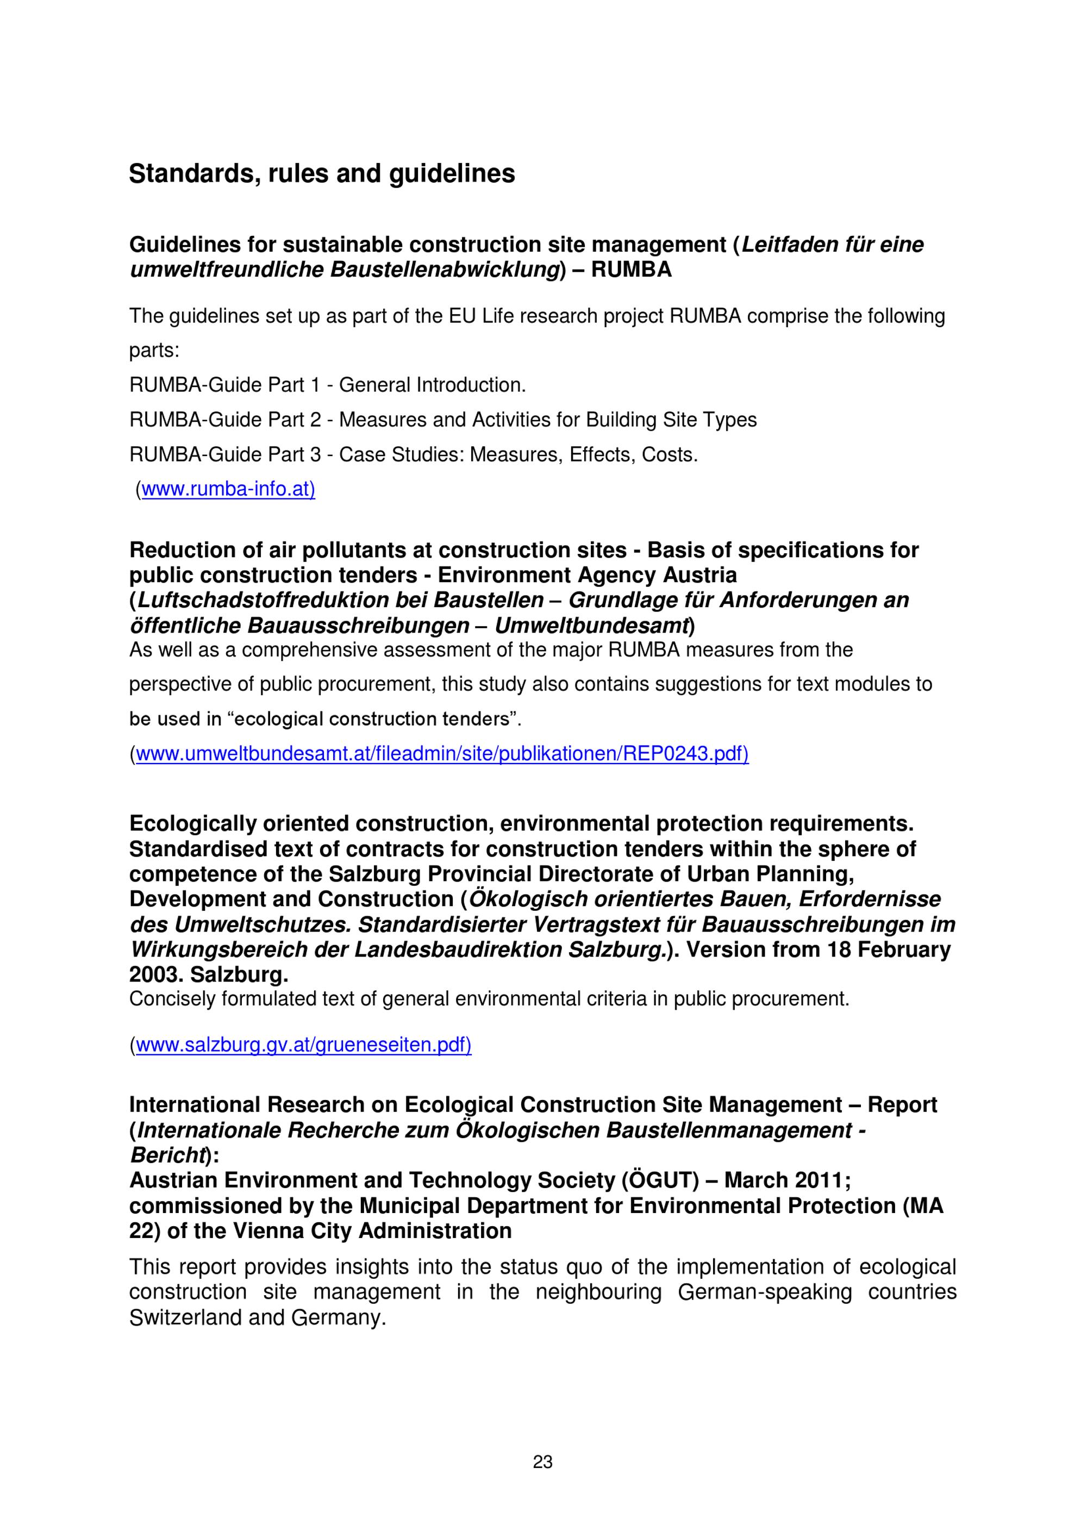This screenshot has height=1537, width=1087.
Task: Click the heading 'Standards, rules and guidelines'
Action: (x=321, y=173)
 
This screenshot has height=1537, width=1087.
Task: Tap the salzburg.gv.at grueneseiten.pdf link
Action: (x=303, y=1045)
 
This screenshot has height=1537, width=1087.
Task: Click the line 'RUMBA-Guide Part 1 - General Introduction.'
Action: (x=327, y=385)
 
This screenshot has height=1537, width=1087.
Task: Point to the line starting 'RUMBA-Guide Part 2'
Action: (x=442, y=420)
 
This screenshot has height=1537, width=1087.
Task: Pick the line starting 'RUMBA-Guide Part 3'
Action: (x=413, y=454)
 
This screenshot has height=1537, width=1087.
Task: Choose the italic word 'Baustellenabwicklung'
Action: (x=445, y=270)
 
